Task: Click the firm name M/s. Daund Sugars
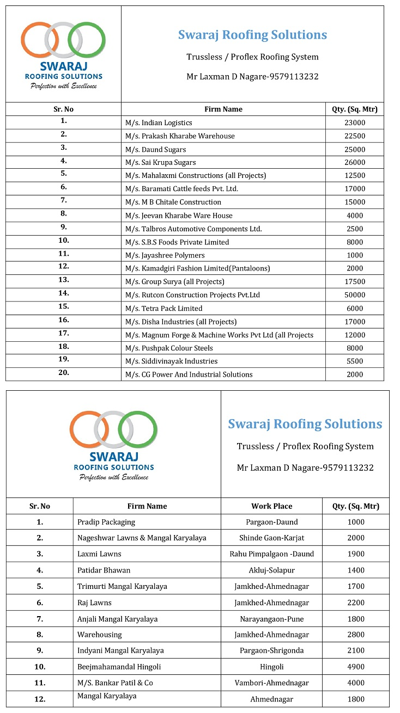(x=155, y=150)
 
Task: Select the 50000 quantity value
(x=355, y=295)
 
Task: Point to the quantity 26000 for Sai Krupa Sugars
(x=355, y=163)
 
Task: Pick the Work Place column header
(x=271, y=506)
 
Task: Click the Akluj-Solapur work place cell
(x=271, y=570)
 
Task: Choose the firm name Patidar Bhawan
(x=104, y=570)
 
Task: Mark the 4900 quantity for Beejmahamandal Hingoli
(x=355, y=667)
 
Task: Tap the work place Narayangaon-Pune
(x=271, y=619)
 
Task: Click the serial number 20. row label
(x=63, y=373)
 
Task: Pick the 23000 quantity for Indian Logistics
(x=355, y=123)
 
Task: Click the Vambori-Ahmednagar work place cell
(x=271, y=683)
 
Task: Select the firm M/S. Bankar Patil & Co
(x=115, y=683)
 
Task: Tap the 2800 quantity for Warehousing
(x=355, y=635)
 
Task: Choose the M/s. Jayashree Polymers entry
(x=165, y=255)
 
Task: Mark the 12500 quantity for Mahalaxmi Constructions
(x=355, y=176)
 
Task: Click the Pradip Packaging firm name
(x=106, y=522)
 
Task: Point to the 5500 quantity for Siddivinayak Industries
(x=355, y=361)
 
